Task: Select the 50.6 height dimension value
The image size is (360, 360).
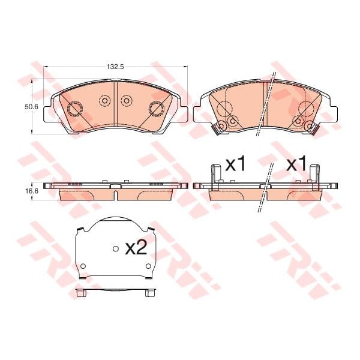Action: point(31,106)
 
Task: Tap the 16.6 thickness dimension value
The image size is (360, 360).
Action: point(31,190)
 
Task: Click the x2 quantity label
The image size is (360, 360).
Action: point(136,248)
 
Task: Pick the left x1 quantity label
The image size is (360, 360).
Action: point(235,164)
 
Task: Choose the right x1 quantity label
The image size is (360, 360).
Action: point(296,164)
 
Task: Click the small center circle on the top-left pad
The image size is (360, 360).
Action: point(104,101)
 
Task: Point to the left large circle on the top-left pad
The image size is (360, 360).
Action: point(76,109)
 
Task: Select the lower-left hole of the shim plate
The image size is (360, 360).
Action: point(83,266)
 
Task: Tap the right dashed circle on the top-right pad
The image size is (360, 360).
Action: point(305,110)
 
